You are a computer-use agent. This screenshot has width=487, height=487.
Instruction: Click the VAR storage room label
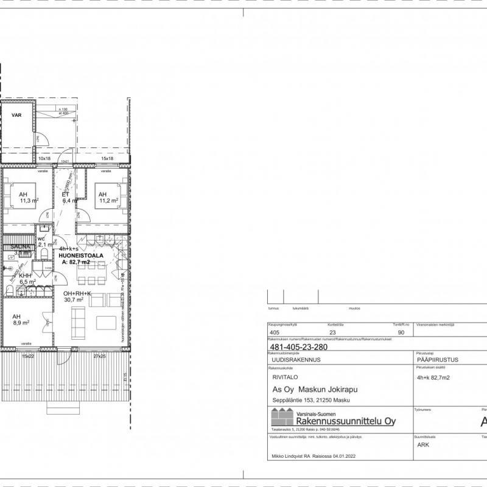pos(17,114)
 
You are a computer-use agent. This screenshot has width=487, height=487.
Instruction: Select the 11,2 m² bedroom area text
pos(108,200)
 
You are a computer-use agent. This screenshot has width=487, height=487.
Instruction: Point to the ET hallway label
pos(65,194)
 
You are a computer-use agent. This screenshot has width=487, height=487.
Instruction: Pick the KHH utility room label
pos(25,276)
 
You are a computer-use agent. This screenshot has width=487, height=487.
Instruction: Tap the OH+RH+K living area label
pos(78,293)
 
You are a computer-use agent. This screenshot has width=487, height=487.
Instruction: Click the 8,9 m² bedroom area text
pos(22,323)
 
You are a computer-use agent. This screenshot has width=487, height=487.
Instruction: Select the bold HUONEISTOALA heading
pos(80,256)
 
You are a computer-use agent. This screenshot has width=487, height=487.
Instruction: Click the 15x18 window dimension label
pos(107,158)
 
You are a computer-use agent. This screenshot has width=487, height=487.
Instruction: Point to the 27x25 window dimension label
pos(99,356)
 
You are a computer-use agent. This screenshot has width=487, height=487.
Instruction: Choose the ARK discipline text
pos(424,444)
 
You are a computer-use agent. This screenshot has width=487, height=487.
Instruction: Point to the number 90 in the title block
pos(401,333)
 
